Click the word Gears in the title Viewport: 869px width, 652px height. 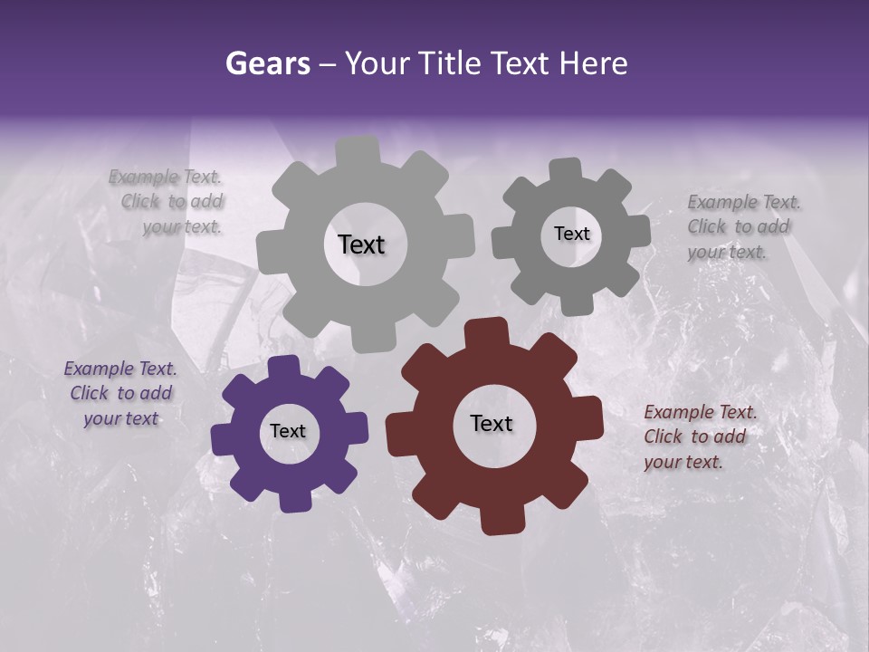267,63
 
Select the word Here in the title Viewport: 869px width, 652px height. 594,63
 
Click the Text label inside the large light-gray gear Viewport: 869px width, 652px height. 361,244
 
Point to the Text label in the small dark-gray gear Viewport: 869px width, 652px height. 571,234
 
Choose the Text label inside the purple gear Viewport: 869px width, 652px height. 288,431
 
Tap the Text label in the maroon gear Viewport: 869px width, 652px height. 492,423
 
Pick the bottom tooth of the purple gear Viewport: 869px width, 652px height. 294,499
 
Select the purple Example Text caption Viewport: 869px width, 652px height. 121,394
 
